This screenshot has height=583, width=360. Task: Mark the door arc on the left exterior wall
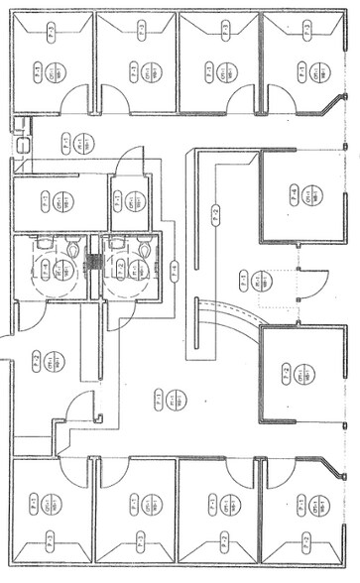coord(7,347)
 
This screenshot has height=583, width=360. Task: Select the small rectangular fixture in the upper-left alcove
coord(23,145)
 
